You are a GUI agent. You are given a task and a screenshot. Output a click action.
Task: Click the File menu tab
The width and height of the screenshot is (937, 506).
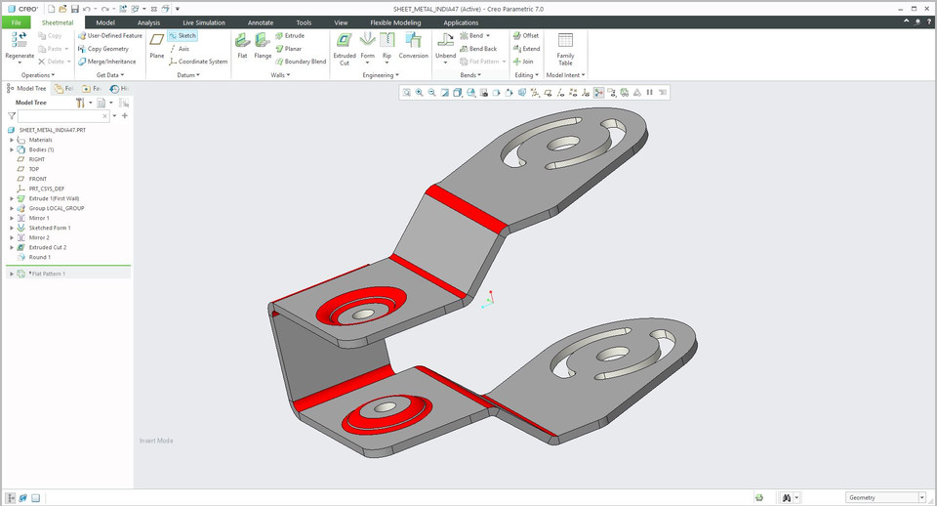(16, 21)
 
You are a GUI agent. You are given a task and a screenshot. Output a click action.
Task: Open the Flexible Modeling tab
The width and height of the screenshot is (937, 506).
(394, 21)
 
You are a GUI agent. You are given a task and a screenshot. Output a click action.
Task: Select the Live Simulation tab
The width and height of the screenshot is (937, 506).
(203, 21)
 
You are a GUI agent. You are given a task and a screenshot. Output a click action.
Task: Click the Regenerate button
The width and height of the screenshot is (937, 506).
(20, 45)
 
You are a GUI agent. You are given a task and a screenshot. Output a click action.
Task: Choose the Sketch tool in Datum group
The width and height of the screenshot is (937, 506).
(183, 35)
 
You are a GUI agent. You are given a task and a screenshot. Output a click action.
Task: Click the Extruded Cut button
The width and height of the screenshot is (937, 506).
(345, 46)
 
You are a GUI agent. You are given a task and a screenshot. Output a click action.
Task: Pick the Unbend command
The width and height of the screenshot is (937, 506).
(445, 46)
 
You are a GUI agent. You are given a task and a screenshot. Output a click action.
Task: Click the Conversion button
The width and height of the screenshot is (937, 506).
(413, 46)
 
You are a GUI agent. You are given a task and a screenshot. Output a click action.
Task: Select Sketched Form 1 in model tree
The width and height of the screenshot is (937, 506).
(49, 228)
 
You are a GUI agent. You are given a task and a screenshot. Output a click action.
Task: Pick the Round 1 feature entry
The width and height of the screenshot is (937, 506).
(40, 257)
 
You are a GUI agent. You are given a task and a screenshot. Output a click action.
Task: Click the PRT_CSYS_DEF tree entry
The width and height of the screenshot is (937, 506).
(46, 189)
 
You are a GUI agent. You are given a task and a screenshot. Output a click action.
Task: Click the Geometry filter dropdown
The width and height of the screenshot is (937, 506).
(885, 497)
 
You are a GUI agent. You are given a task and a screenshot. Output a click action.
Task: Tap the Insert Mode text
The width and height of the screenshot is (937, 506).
(156, 441)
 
